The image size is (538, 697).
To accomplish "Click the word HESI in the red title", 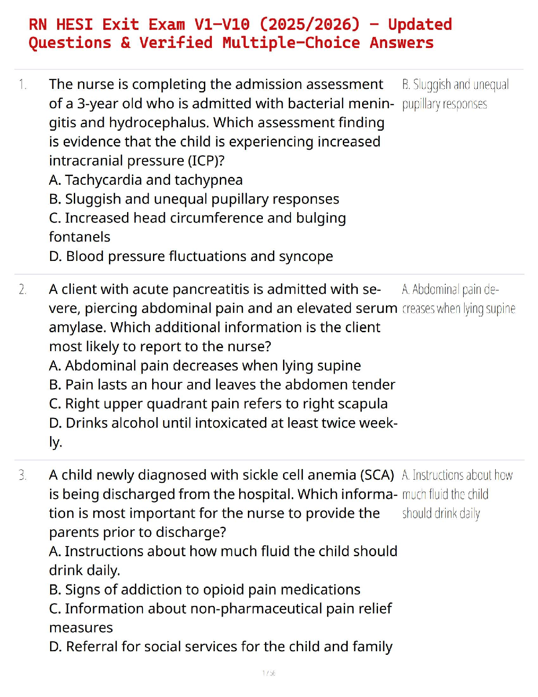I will tap(74, 24).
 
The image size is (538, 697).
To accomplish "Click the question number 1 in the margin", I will tap(22, 84).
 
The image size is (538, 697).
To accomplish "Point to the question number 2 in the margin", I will tap(22, 290).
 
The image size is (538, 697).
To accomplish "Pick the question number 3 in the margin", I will tap(22, 475).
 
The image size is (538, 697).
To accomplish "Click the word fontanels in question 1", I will tap(80, 237).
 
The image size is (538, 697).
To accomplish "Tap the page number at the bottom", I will tap(269, 673).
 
